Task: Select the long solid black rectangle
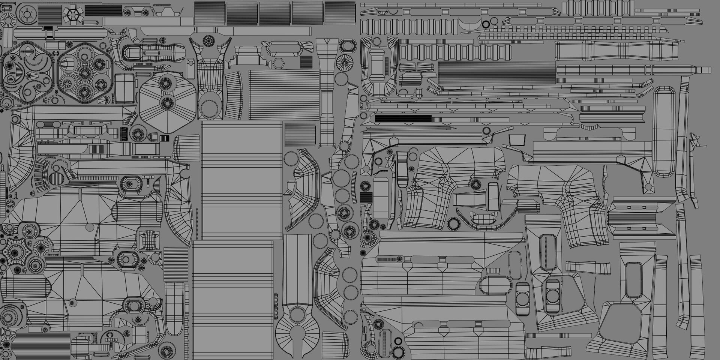[403, 119]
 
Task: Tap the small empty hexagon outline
[278, 63]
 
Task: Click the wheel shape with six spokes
[27, 15]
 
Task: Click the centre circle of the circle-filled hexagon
[85, 73]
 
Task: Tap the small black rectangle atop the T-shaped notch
[48, 28]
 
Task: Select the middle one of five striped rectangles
[275, 14]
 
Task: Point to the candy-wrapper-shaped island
[287, 49]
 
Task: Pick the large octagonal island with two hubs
[167, 100]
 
